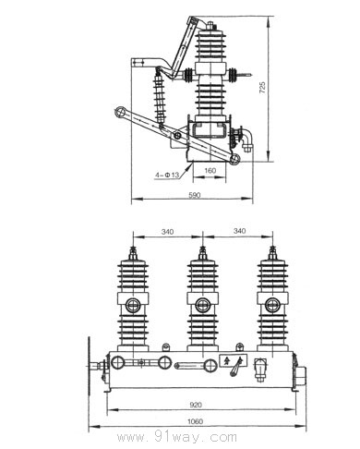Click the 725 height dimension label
(x=262, y=88)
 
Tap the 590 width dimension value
(x=195, y=195)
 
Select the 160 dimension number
(x=210, y=170)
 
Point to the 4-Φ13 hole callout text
(x=167, y=175)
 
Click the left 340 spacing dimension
(x=167, y=231)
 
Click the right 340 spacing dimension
(x=240, y=231)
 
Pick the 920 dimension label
(x=196, y=405)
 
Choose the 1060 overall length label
(x=196, y=421)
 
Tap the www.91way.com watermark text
(x=177, y=437)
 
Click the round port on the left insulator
(x=133, y=305)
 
